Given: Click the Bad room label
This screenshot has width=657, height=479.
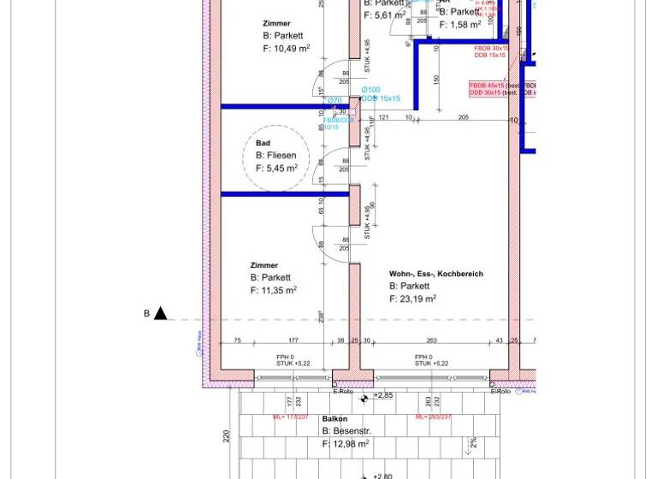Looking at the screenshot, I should click(x=263, y=144).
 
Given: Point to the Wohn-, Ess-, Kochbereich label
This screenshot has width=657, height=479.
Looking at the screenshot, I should click(x=435, y=274).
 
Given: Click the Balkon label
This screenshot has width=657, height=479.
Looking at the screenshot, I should click(x=334, y=419).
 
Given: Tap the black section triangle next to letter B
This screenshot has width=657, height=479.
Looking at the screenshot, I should click(x=160, y=314).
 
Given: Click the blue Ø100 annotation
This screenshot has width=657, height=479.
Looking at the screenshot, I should click(x=370, y=90).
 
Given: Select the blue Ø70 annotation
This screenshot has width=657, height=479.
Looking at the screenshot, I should click(x=334, y=101).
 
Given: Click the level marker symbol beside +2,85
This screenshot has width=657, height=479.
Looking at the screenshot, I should click(x=364, y=399).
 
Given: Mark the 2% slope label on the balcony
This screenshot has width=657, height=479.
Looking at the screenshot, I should click(x=473, y=443).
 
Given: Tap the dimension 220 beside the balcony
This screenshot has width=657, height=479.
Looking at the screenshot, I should click(x=227, y=436).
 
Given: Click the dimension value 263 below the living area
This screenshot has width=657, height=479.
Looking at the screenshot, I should click(x=431, y=340).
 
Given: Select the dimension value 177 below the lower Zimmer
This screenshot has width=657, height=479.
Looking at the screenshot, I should click(x=293, y=340).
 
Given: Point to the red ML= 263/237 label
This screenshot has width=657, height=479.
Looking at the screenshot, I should click(x=433, y=417).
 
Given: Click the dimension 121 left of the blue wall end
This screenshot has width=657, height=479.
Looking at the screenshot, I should click(x=383, y=117).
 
